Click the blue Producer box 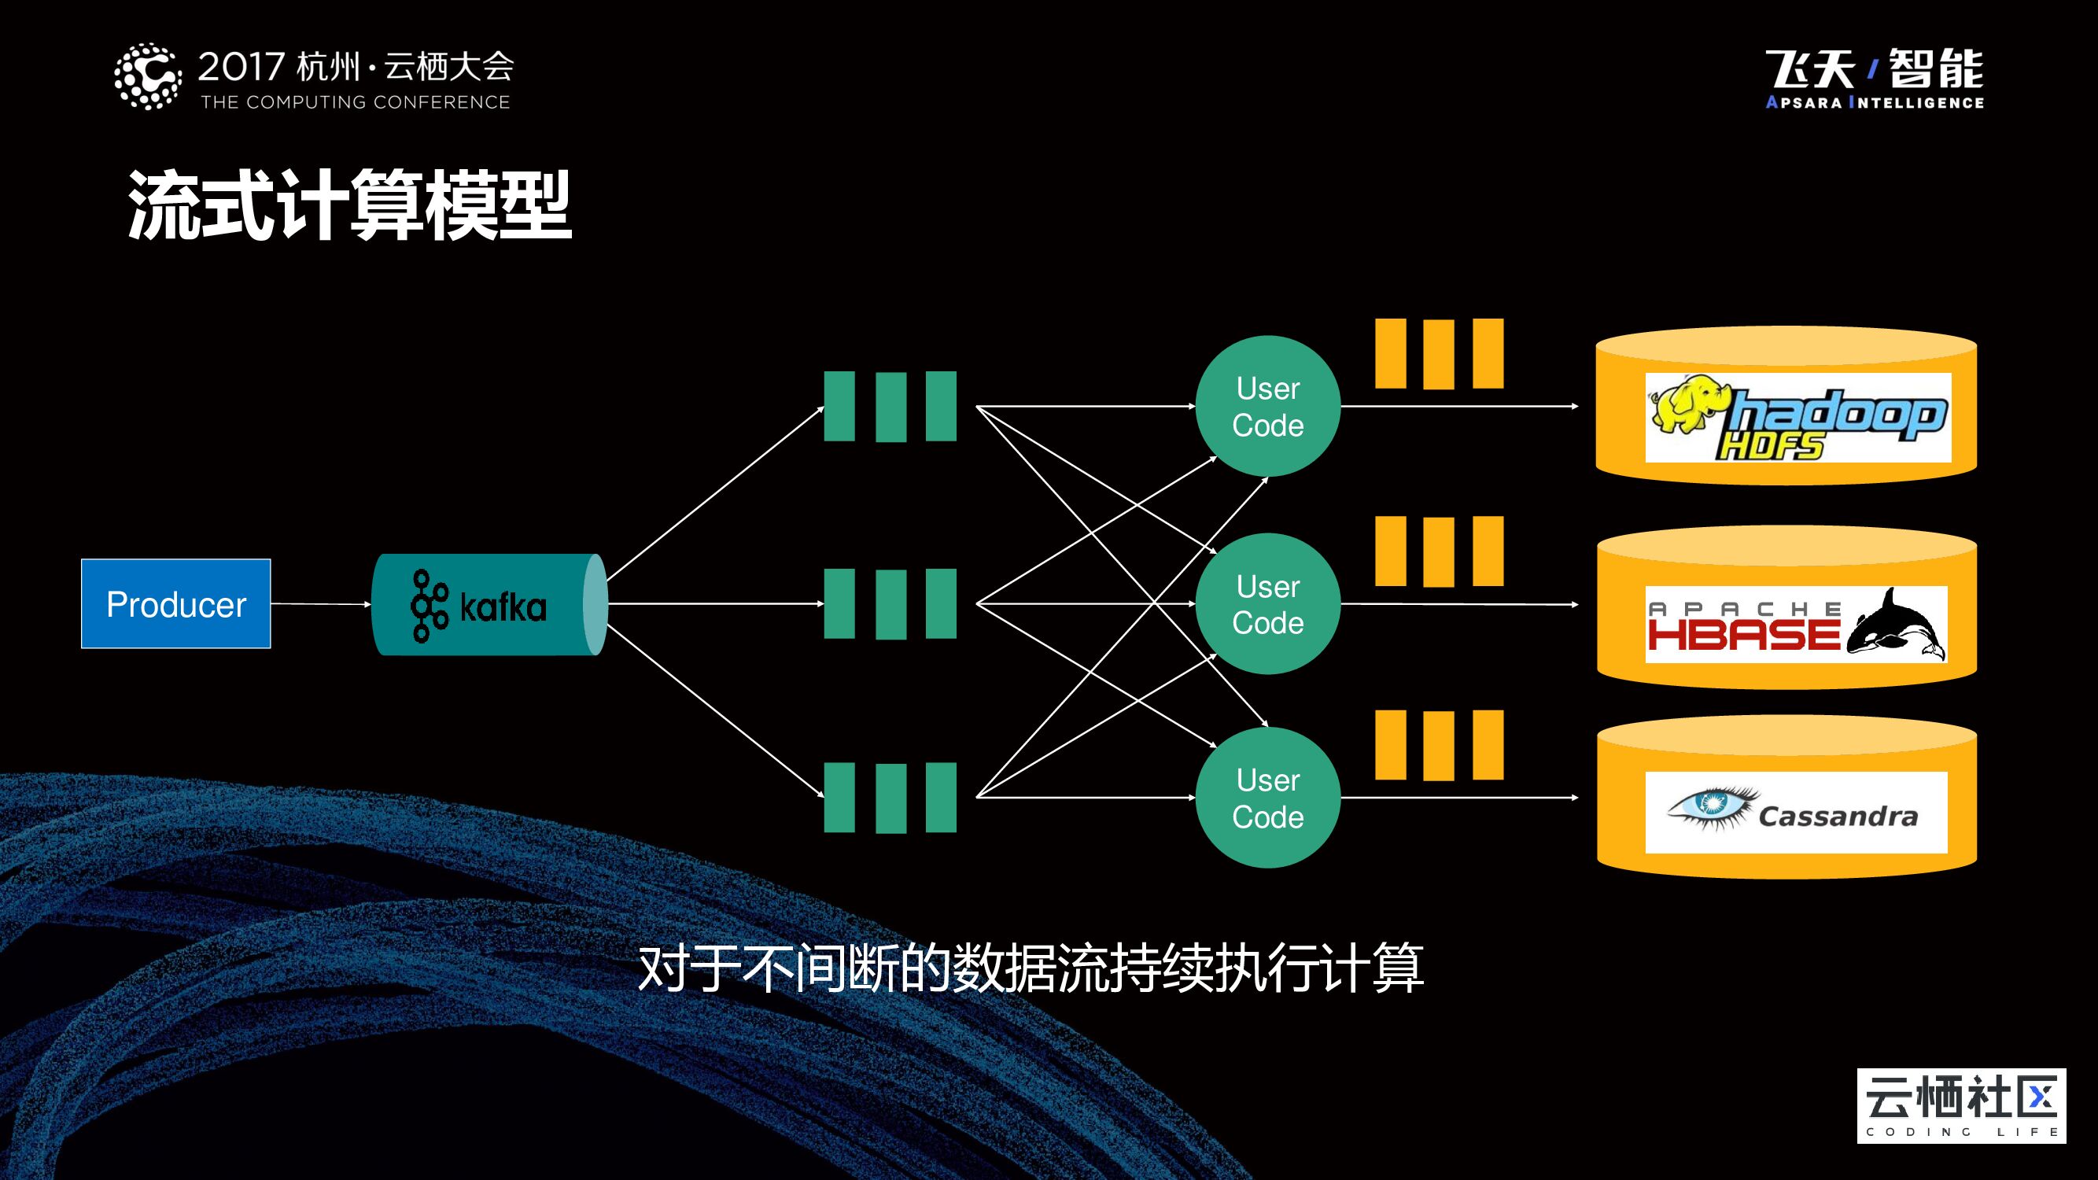click(x=176, y=603)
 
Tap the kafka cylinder click(x=489, y=604)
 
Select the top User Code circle click(x=1267, y=407)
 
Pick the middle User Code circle click(x=1267, y=603)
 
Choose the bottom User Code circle click(x=1267, y=797)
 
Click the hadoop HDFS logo click(x=1797, y=417)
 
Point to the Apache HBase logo click(x=1796, y=624)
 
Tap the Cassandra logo click(x=1796, y=812)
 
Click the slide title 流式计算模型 click(x=349, y=205)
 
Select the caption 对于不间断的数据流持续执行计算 click(x=1031, y=968)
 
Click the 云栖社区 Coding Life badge click(x=1961, y=1105)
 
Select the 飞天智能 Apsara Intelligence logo click(x=1874, y=78)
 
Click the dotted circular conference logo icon click(x=147, y=76)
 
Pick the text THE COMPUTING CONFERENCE click(x=355, y=102)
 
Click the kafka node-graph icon click(x=430, y=606)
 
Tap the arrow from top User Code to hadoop click(x=1458, y=407)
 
